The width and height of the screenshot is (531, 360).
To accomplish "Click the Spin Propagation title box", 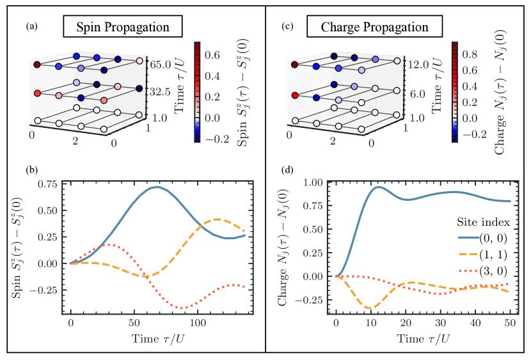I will pos(122,27).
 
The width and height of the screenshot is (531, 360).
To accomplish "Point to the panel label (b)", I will pos(31,171).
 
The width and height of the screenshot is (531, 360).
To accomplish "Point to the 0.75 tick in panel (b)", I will pos(51,184).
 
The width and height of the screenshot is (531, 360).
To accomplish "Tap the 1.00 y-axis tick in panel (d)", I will pos(317,182).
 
